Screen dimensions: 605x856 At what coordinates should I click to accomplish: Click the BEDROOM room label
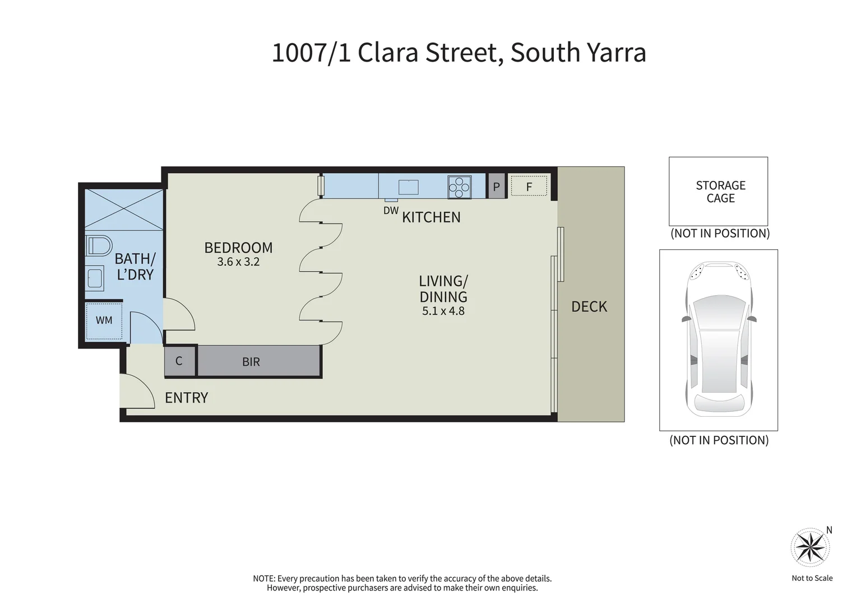pyautogui.click(x=238, y=248)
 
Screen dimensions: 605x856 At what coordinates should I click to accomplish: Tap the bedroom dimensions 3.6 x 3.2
pyautogui.click(x=238, y=262)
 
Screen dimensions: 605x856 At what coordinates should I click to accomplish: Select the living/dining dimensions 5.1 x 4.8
pyautogui.click(x=443, y=311)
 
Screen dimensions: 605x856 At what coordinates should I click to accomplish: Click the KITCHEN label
pyautogui.click(x=431, y=217)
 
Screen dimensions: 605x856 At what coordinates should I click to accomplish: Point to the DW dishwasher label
pyautogui.click(x=391, y=211)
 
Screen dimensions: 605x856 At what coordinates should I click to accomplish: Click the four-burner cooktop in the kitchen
pyautogui.click(x=459, y=187)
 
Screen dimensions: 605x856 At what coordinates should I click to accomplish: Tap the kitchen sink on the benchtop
pyautogui.click(x=408, y=187)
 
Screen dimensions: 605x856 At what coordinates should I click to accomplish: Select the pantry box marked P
pyautogui.click(x=496, y=187)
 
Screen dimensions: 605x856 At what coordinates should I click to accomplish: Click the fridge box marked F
pyautogui.click(x=529, y=187)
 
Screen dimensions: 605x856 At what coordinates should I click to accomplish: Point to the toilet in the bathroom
pyautogui.click(x=98, y=246)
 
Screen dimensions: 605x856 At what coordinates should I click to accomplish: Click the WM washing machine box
pyautogui.click(x=104, y=321)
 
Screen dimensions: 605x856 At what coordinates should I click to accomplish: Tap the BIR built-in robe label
pyautogui.click(x=251, y=362)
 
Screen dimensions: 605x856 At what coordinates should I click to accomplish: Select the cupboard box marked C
pyautogui.click(x=179, y=361)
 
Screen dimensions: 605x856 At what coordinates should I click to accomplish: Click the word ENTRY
pyautogui.click(x=186, y=398)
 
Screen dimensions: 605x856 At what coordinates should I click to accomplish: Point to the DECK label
pyautogui.click(x=589, y=306)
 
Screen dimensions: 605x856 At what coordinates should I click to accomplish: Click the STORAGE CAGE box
pyautogui.click(x=718, y=192)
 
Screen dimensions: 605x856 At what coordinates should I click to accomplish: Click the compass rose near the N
pyautogui.click(x=810, y=547)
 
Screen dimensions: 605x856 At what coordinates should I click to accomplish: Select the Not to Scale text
pyautogui.click(x=812, y=578)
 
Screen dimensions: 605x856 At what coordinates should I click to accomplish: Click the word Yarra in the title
pyautogui.click(x=616, y=53)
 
